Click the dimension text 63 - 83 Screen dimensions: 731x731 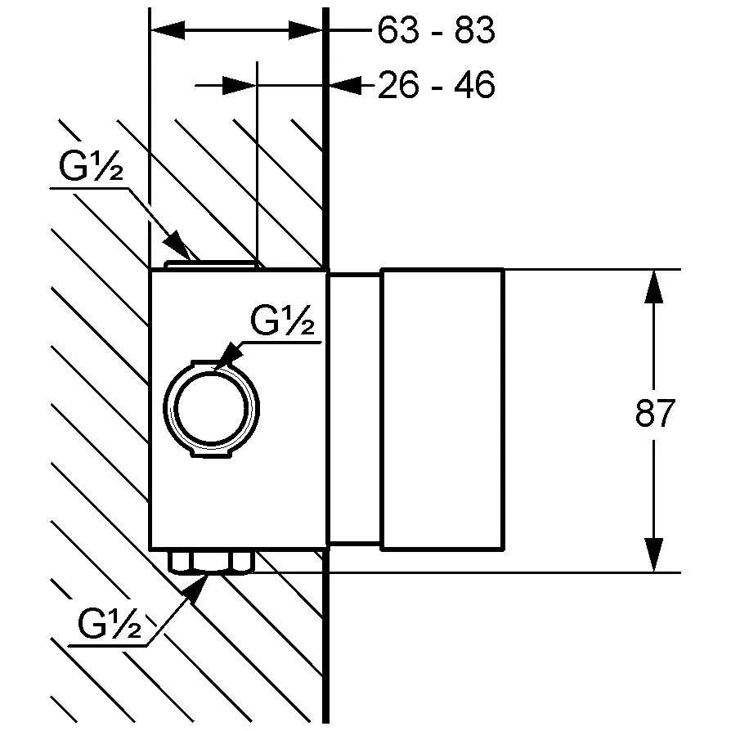(436, 29)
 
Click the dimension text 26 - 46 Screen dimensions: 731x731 (436, 85)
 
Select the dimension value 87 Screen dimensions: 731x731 (655, 413)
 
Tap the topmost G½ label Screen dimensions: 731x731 (91, 165)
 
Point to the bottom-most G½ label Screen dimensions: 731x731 (110, 623)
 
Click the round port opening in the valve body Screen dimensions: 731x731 (211, 408)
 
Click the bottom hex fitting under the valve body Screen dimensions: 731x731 (211, 562)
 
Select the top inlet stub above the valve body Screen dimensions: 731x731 (211, 265)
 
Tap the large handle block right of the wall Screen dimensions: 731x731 (442, 410)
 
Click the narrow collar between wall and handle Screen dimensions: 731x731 (355, 410)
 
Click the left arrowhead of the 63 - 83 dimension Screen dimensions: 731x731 (168, 29)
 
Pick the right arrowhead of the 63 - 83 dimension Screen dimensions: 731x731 (306, 29)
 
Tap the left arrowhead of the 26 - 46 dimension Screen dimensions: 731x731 (240, 85)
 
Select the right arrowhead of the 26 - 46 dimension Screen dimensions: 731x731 (345, 85)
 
